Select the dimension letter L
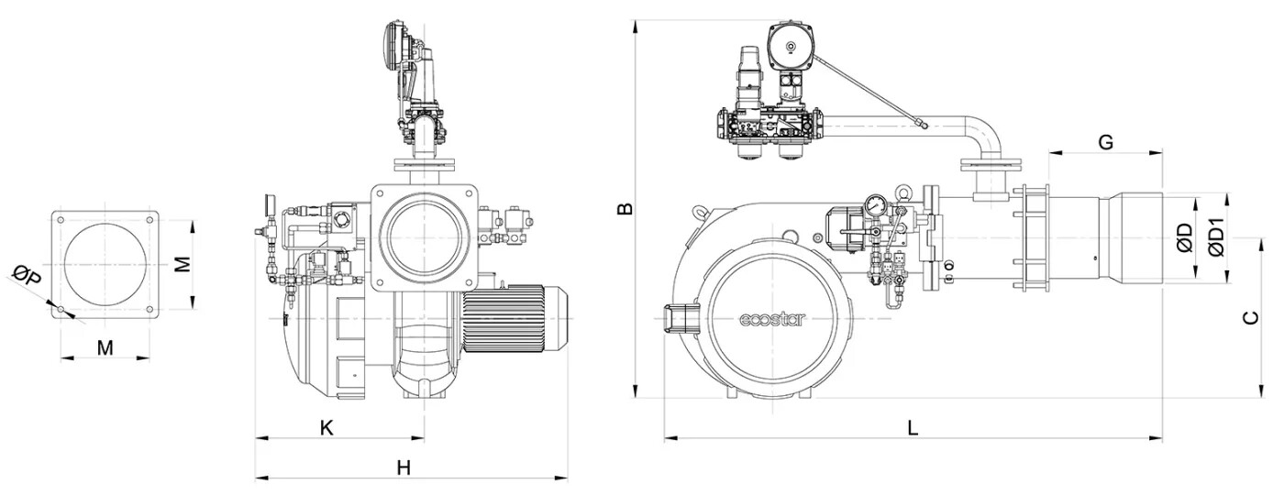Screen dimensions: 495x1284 [912, 427]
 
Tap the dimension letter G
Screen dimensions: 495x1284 [1105, 142]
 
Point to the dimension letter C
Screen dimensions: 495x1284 [1249, 318]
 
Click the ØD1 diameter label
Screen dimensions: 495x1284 [1216, 237]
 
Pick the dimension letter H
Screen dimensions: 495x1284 [404, 467]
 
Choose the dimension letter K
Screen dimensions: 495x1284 [326, 426]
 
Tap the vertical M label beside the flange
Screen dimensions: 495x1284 [183, 264]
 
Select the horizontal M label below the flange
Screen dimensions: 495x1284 [105, 347]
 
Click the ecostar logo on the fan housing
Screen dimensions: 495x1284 [772, 319]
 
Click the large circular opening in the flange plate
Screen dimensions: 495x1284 [105, 265]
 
